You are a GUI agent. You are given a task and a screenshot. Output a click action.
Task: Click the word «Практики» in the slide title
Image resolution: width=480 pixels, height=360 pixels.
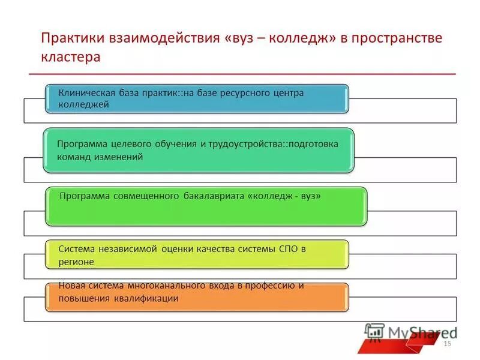pyautogui.click(x=73, y=39)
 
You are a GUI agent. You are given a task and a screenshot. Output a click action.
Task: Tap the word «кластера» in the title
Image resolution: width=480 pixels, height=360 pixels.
pyautogui.click(x=70, y=58)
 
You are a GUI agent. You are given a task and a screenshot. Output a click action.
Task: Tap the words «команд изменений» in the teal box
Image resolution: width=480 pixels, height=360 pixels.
pyautogui.click(x=100, y=157)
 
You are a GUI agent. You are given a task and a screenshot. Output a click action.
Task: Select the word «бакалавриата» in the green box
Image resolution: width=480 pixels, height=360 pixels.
pyautogui.click(x=214, y=196)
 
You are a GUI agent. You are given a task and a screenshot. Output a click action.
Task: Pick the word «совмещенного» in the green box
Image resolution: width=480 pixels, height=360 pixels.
pyautogui.click(x=151, y=196)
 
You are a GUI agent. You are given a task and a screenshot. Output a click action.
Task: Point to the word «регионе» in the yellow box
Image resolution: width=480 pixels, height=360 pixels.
pyautogui.click(x=76, y=262)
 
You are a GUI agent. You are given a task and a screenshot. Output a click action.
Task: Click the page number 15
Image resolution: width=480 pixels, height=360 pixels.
pyautogui.click(x=446, y=343)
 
